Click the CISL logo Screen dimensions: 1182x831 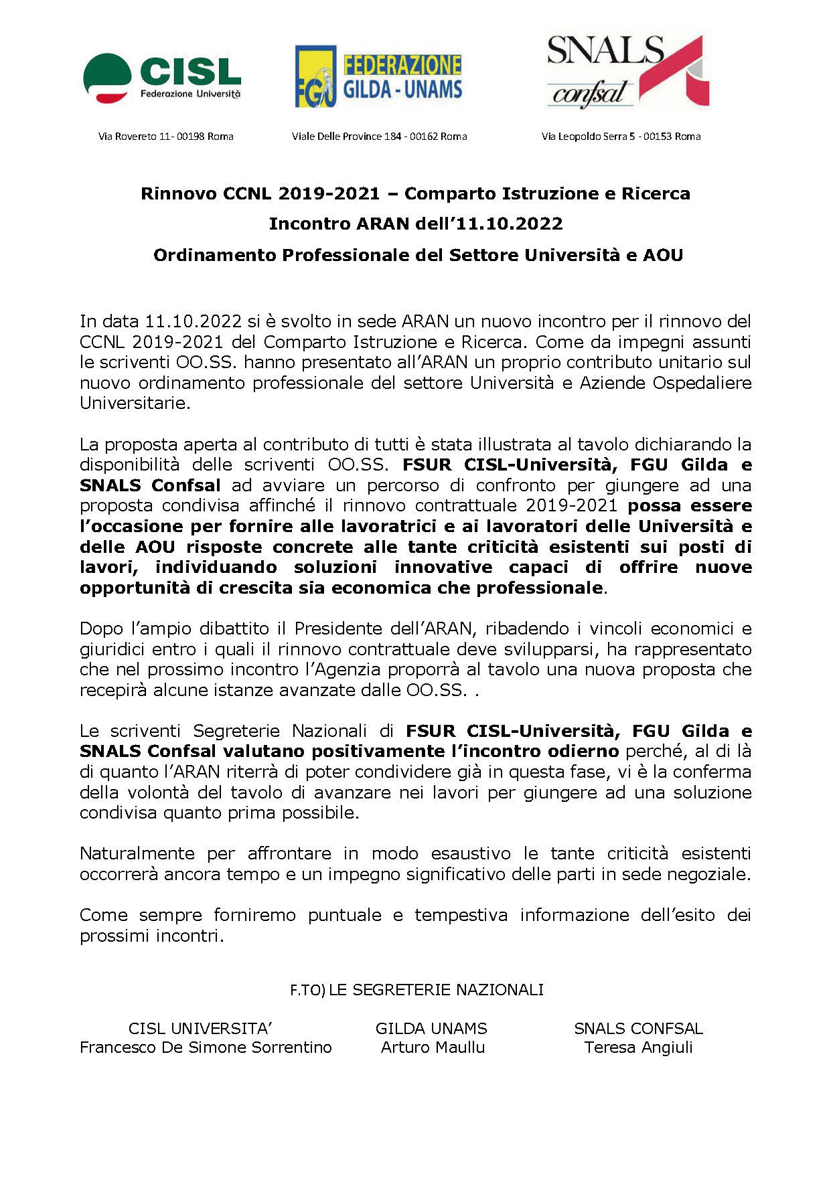click(161, 78)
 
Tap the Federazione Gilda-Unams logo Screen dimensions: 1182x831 click(378, 77)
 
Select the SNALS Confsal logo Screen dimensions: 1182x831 click(627, 72)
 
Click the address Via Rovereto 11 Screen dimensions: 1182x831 click(165, 137)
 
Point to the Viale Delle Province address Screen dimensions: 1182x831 click(379, 137)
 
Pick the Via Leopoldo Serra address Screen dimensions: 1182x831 click(621, 137)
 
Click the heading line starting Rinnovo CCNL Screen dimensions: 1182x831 click(415, 194)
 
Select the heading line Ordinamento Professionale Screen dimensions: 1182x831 click(418, 255)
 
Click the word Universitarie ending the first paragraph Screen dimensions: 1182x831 click(134, 404)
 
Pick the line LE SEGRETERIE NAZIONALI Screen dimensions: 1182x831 click(436, 990)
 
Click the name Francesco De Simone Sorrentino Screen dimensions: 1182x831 click(206, 1048)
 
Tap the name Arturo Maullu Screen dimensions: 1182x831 click(433, 1048)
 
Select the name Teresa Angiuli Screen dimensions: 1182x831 click(638, 1048)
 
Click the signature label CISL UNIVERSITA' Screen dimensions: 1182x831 click(200, 1029)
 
